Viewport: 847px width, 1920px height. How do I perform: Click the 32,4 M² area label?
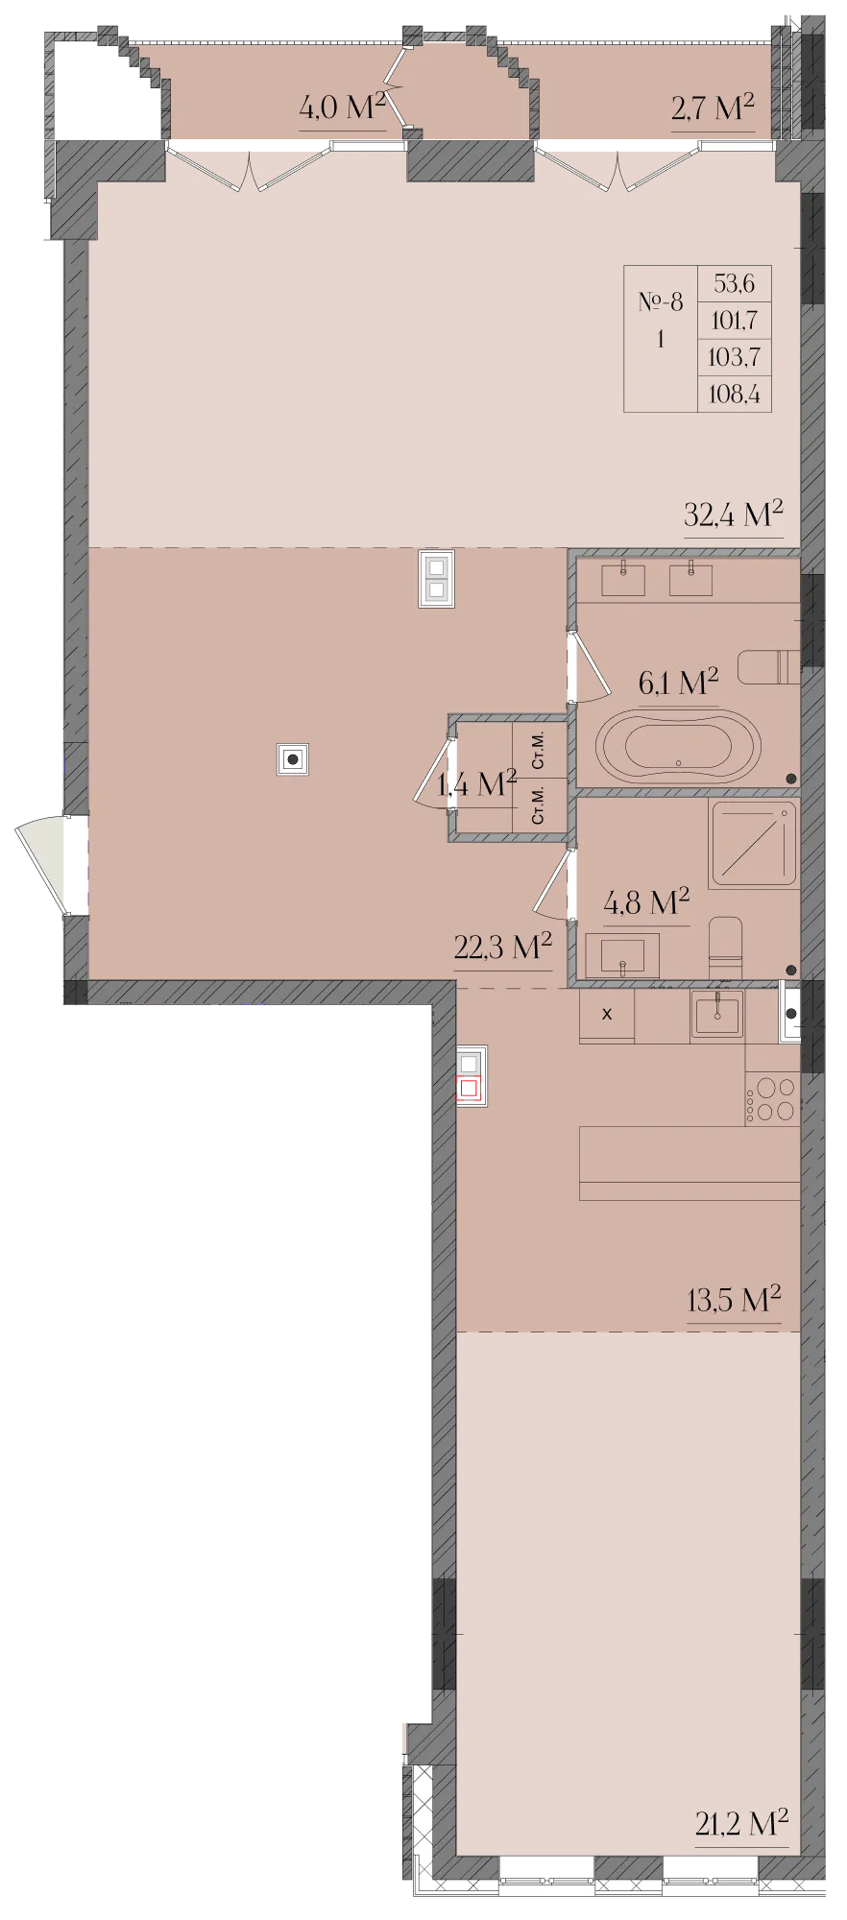[x=734, y=515]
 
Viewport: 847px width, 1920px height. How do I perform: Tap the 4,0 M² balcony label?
[x=342, y=107]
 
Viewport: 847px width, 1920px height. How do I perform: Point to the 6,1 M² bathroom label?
[x=678, y=683]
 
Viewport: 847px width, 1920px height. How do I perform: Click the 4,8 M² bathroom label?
[x=646, y=902]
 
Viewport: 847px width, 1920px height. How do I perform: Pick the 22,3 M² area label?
[x=502, y=948]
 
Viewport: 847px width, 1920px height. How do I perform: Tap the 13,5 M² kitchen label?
[x=734, y=1300]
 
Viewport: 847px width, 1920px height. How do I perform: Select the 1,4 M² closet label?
[x=477, y=784]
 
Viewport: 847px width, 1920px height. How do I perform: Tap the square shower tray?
[x=754, y=843]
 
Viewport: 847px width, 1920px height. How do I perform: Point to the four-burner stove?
[x=772, y=1099]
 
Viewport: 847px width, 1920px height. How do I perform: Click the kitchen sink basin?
[x=716, y=1014]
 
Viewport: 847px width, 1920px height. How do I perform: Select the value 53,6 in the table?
[x=735, y=284]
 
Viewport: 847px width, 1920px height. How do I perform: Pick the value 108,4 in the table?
[x=735, y=393]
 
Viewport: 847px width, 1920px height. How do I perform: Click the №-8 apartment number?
[x=661, y=302]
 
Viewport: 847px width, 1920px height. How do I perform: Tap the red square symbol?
[x=470, y=1089]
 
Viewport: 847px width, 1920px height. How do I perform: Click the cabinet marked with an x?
[x=607, y=1016]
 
